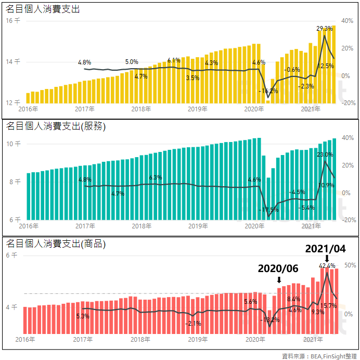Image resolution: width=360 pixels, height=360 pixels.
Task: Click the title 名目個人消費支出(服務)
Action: tap(55, 126)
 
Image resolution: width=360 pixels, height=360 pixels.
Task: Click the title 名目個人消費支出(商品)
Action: tap(55, 244)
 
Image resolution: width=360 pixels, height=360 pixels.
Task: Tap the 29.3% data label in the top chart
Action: tap(325, 29)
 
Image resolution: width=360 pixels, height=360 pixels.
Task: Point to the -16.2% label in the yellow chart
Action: tap(268, 91)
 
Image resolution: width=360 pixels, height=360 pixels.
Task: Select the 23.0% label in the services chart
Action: tap(325, 155)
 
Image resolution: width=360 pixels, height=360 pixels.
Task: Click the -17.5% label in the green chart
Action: tap(268, 210)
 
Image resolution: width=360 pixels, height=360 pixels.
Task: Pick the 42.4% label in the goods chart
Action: tap(327, 266)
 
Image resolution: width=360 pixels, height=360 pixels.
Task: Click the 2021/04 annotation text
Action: tap(326, 249)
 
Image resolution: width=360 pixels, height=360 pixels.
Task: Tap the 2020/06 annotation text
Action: tap(278, 268)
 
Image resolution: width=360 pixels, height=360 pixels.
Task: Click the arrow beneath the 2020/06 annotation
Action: tap(279, 280)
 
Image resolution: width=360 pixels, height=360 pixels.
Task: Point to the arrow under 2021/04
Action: tap(327, 259)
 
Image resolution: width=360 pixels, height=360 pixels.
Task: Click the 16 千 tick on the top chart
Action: tap(13, 21)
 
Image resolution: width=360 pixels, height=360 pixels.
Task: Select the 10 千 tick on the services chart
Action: tap(13, 144)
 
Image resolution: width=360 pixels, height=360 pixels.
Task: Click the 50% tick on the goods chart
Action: tap(350, 265)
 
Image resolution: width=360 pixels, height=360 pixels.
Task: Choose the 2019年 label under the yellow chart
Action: tap(197, 109)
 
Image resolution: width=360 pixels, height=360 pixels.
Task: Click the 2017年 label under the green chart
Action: tap(85, 226)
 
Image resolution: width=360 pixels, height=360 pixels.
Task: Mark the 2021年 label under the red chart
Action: tap(311, 339)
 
